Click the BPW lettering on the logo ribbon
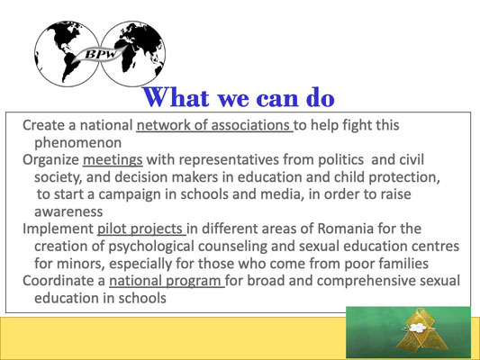coord(100,54)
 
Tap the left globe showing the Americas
coord(67,54)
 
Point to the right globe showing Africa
coord(133,53)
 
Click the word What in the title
coord(176,97)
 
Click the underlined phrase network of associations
coord(213,125)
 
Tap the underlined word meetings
coord(113,160)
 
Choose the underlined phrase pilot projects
coord(140,229)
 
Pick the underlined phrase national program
coord(166,281)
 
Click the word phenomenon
coord(78,143)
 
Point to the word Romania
coord(346,229)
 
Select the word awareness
coord(68,211)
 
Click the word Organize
coord(50,160)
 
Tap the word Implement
coord(58,229)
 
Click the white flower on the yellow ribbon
coord(418,328)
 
